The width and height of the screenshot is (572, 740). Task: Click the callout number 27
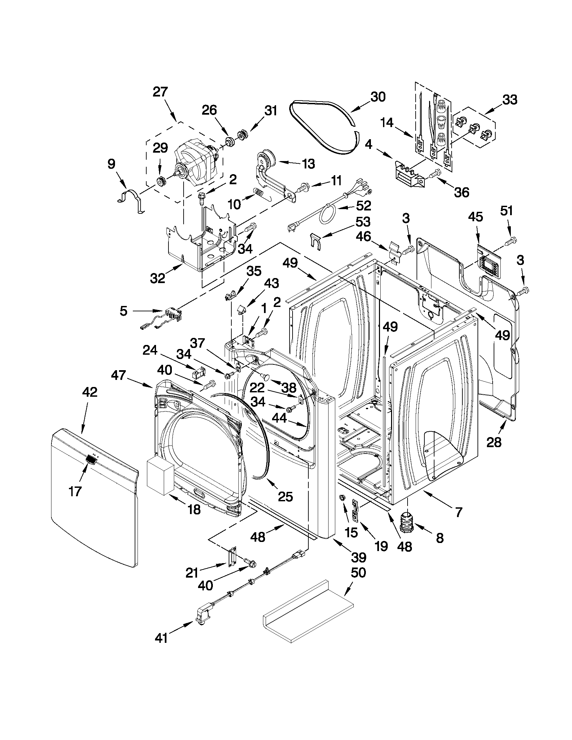pyautogui.click(x=160, y=92)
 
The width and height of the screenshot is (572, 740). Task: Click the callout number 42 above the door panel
pyautogui.click(x=89, y=392)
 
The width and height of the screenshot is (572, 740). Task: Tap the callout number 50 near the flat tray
pyautogui.click(x=358, y=573)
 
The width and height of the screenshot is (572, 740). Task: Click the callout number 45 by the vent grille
pyautogui.click(x=475, y=217)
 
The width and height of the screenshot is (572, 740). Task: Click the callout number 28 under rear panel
pyautogui.click(x=493, y=442)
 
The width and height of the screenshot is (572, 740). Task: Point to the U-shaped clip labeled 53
pyautogui.click(x=315, y=242)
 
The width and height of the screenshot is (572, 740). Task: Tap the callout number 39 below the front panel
pyautogui.click(x=358, y=557)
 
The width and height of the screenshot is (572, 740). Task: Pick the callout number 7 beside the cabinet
pyautogui.click(x=458, y=512)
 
